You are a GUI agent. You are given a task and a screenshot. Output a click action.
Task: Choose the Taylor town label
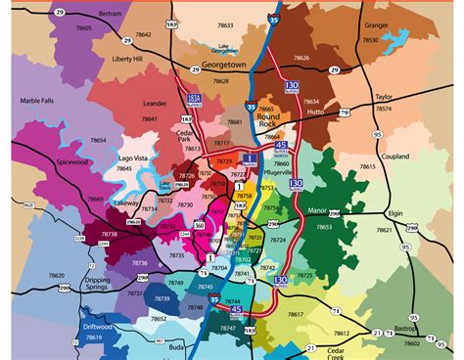pos(382,99)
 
